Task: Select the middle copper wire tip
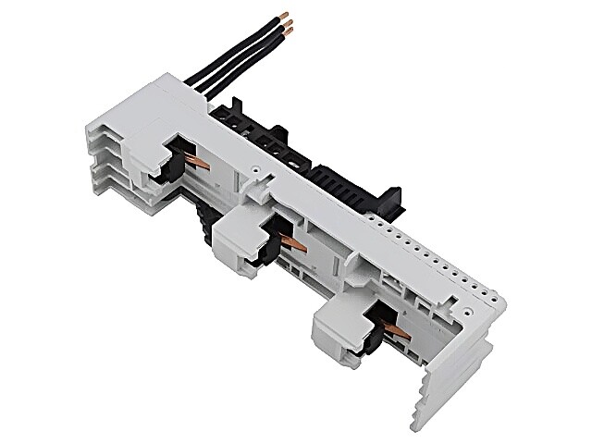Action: (x=289, y=24)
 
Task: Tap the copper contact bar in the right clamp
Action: (x=396, y=329)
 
